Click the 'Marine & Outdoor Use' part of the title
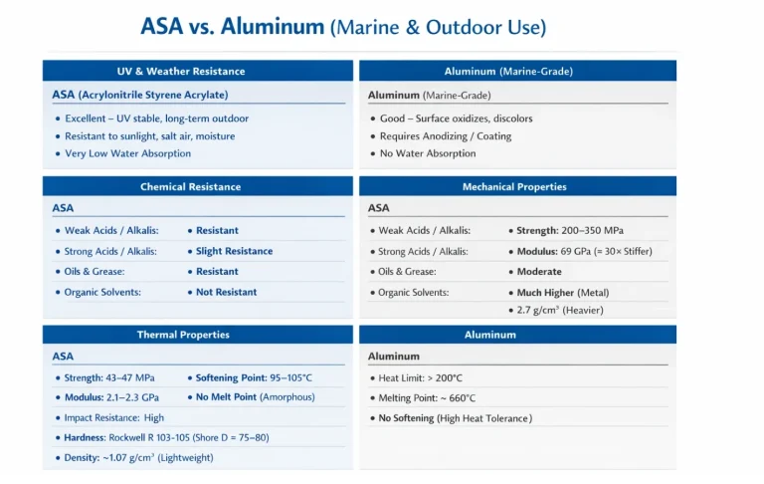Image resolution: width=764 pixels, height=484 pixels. point(438,27)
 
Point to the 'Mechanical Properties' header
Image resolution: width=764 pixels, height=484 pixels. point(514,187)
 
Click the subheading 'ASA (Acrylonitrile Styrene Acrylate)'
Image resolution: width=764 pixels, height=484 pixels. point(140,95)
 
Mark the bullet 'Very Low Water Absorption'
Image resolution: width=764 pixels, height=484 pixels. point(127,153)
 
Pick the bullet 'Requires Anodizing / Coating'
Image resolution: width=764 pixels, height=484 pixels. point(445,136)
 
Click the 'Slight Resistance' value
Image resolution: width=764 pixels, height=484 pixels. point(234,251)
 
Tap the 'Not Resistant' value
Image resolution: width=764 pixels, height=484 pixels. point(226,292)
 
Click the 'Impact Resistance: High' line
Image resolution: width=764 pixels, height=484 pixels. point(113,417)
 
